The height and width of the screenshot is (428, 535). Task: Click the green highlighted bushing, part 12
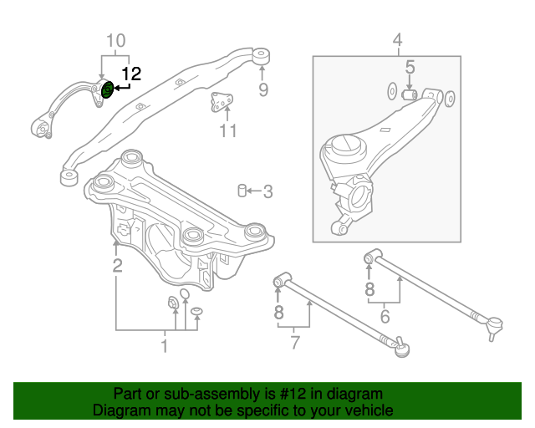(107, 89)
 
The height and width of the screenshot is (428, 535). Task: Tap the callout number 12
(132, 74)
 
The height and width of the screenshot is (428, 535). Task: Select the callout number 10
(115, 40)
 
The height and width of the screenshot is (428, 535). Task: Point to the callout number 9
(262, 89)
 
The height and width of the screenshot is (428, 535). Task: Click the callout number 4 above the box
(397, 39)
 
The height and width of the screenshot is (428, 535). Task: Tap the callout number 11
(227, 130)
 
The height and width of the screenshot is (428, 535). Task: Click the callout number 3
(267, 192)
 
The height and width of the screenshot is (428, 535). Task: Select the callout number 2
(118, 266)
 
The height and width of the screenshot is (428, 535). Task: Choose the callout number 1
(164, 344)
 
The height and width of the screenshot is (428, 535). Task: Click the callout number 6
(385, 316)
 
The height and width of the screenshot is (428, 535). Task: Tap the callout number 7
(294, 341)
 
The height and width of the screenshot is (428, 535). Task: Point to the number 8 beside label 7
(278, 313)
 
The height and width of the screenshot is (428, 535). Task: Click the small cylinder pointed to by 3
(242, 191)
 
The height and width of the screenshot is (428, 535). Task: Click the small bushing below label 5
(410, 94)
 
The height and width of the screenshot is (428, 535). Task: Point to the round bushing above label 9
(262, 56)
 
